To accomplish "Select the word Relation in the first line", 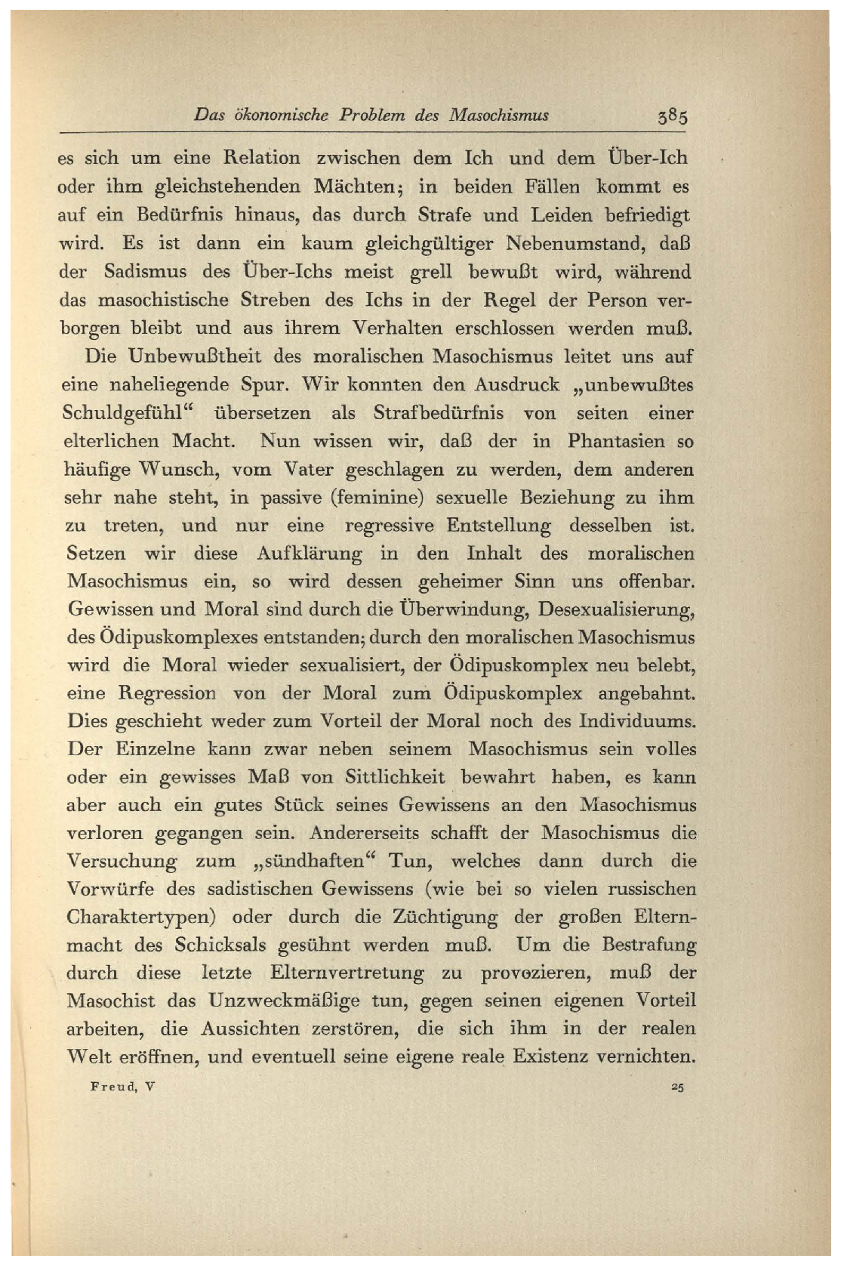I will point(261,159).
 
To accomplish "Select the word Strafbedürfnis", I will point(439,414).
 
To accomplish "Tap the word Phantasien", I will point(616,442).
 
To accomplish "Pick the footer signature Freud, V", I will point(122,1087).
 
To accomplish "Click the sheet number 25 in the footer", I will point(676,1087).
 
